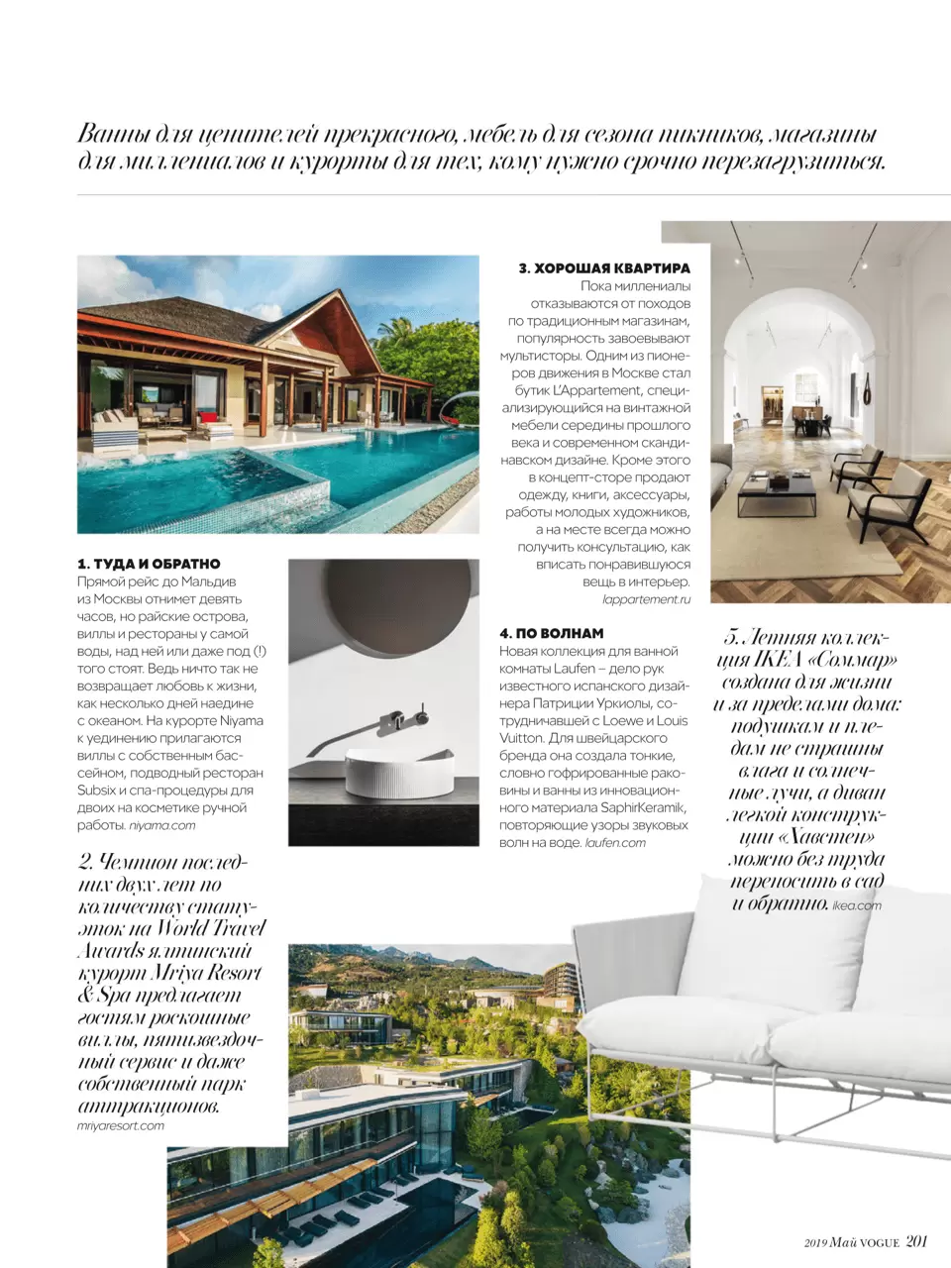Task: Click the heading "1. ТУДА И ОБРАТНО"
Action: tap(149, 564)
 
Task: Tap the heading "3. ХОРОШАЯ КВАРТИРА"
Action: tap(604, 268)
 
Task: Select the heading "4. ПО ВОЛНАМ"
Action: tap(551, 633)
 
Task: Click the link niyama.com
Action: tap(162, 825)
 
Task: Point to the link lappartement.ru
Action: tap(646, 599)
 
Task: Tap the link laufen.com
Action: tap(615, 843)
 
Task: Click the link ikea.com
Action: tap(857, 905)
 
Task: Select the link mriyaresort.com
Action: tap(121, 1125)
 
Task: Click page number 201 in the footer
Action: tap(916, 1241)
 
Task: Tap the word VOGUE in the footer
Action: tap(879, 1242)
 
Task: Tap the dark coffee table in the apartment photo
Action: tap(777, 491)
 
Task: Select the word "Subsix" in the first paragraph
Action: tap(97, 791)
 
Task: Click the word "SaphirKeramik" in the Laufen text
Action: tap(643, 808)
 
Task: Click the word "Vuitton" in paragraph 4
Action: tap(522, 738)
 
